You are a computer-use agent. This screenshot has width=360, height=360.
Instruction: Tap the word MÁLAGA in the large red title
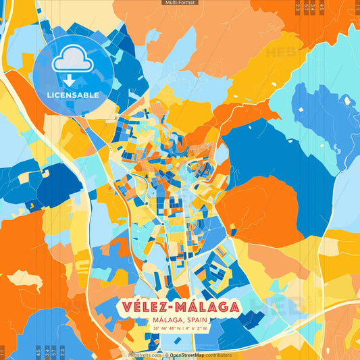point(207,306)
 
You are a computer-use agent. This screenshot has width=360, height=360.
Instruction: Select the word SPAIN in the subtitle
point(197,320)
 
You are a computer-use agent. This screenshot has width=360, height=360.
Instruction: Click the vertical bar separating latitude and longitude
point(184,329)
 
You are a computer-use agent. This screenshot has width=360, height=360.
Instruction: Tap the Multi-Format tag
point(180,3)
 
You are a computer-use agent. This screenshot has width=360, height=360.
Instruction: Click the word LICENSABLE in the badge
point(73,95)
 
